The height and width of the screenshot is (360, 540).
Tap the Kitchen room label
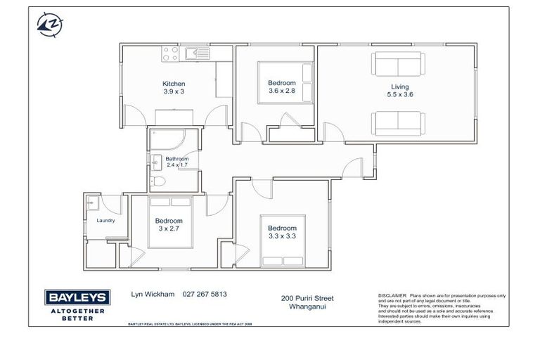174,84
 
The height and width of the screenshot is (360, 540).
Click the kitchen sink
197,52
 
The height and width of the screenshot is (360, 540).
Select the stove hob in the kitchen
171,52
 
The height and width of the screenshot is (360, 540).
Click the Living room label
399,87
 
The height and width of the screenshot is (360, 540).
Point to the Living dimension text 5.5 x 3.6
399,95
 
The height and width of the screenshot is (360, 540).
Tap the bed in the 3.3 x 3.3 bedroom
283,240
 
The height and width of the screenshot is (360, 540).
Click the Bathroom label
177,159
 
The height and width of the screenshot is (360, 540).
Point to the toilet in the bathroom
159,182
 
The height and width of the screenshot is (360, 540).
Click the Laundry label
105,220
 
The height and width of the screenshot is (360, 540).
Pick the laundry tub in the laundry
91,202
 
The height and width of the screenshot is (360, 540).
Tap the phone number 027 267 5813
204,295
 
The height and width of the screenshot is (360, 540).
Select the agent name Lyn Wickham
153,295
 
